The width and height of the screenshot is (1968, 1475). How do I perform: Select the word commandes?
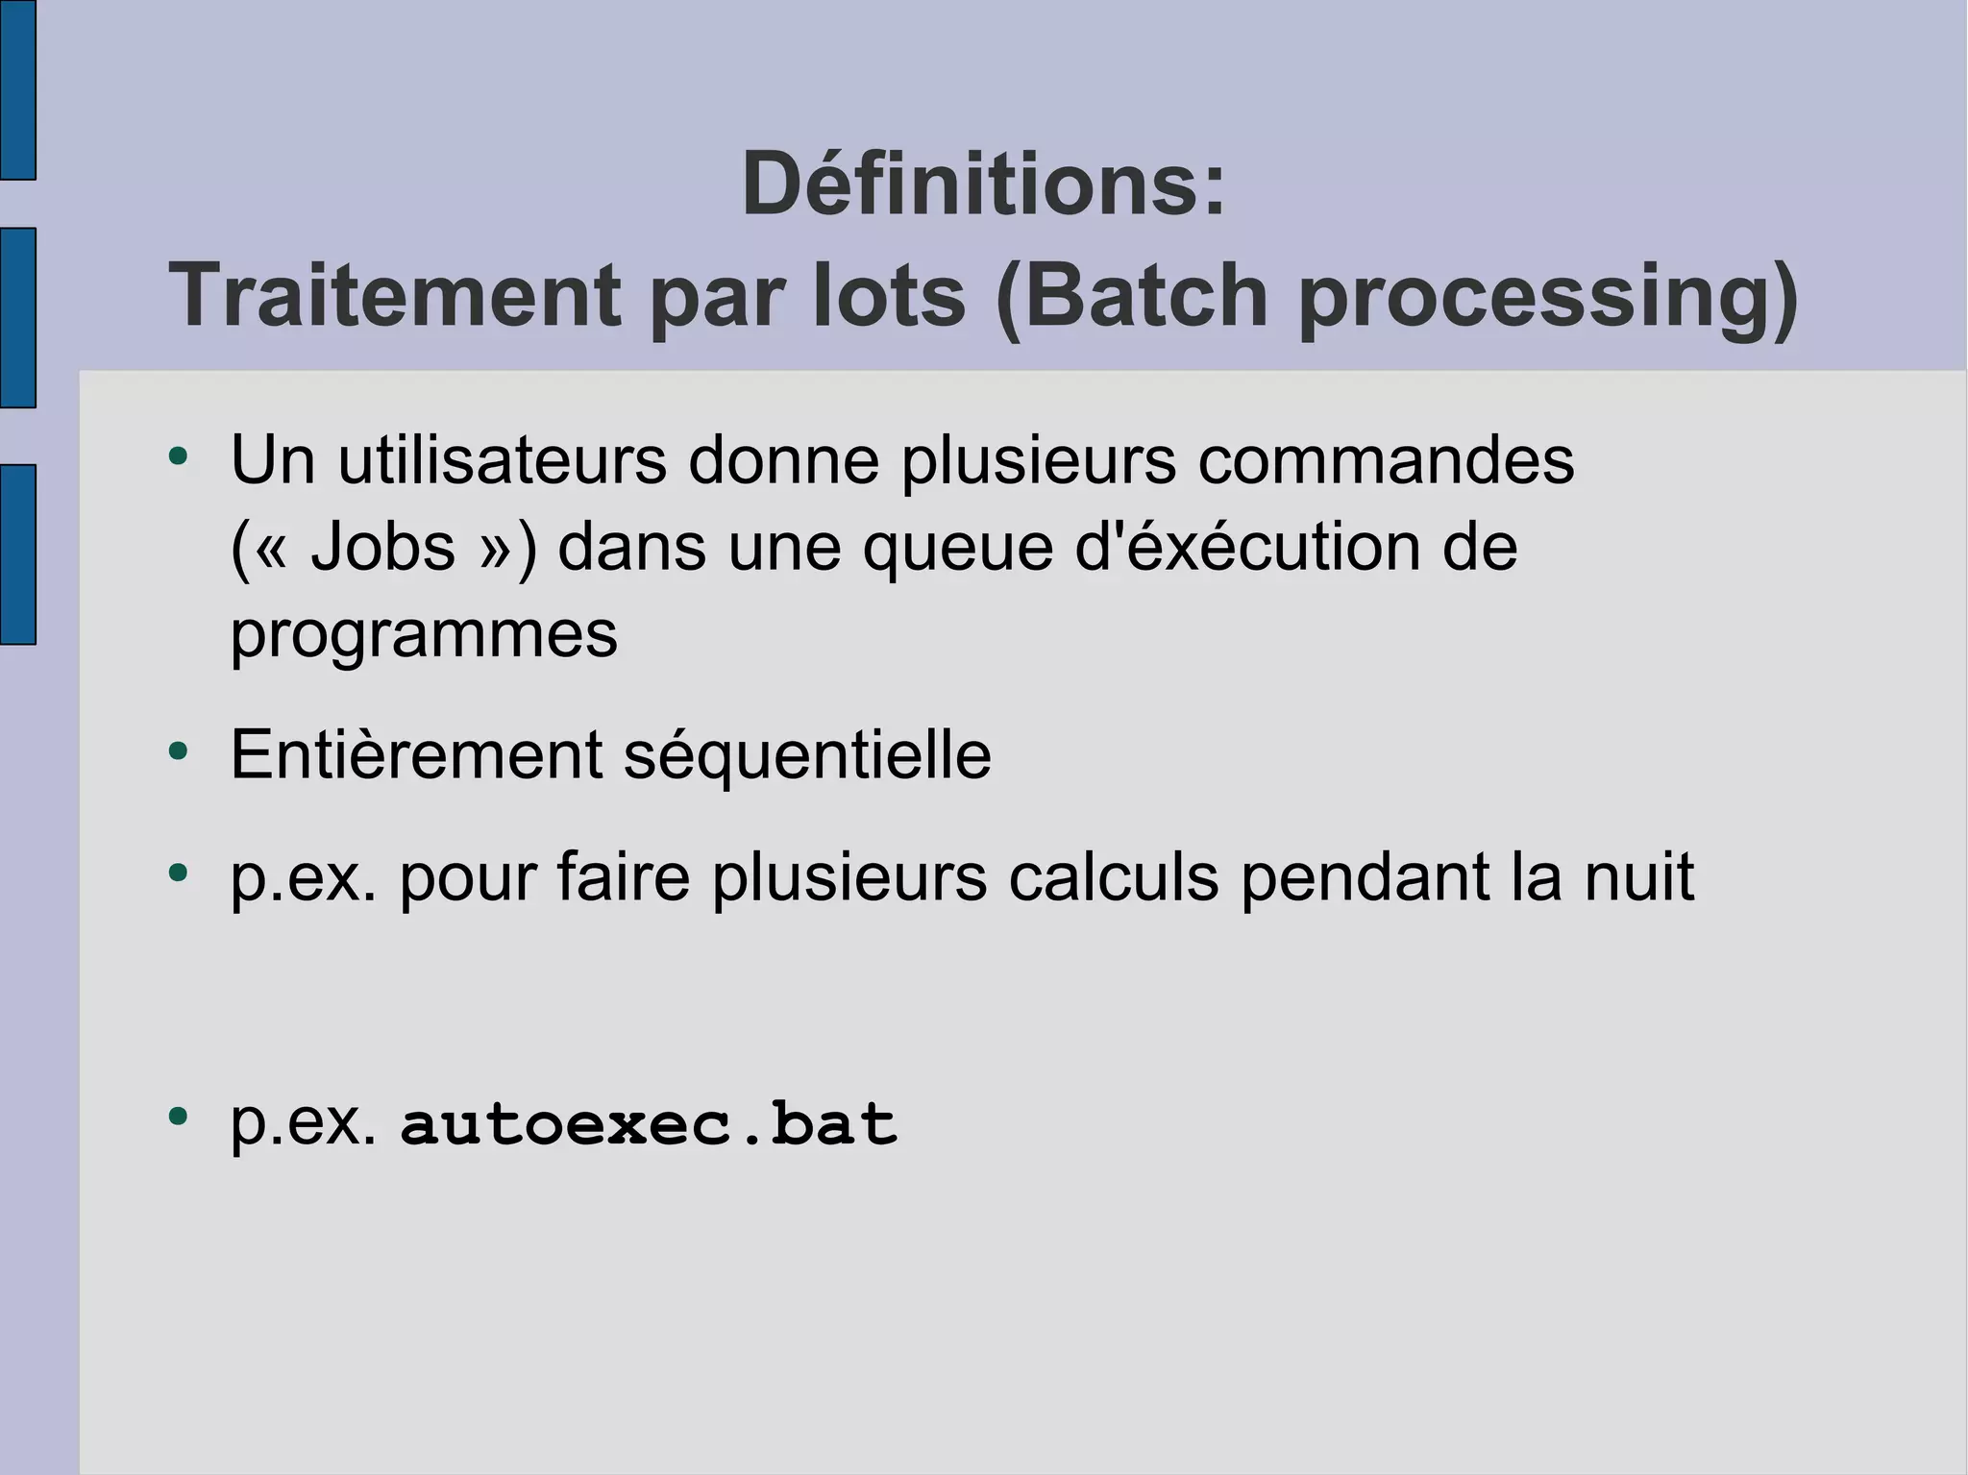tap(1385, 460)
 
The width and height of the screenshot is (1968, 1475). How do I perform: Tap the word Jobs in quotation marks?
tap(382, 548)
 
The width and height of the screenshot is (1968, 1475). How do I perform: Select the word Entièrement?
tap(416, 755)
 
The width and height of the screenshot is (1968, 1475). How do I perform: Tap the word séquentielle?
tap(807, 755)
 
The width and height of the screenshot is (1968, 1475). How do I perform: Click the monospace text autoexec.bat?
tap(649, 1123)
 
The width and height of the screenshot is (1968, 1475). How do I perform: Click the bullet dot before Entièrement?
tap(178, 750)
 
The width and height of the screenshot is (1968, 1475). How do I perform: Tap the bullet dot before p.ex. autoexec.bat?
tap(178, 1117)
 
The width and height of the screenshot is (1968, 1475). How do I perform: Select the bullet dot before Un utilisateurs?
tap(178, 456)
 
